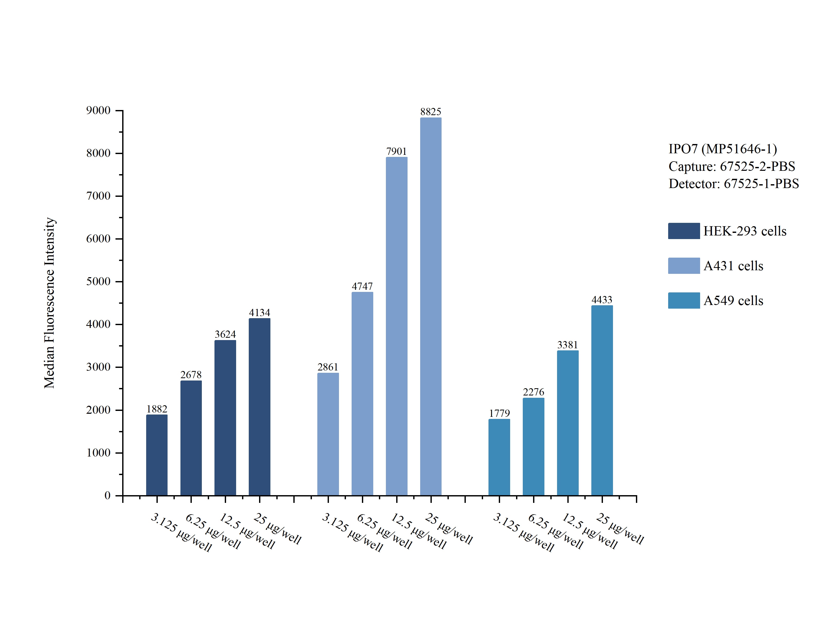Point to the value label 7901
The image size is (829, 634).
pyautogui.click(x=396, y=151)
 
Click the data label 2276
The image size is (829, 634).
pyautogui.click(x=533, y=392)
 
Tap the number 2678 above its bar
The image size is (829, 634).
pyautogui.click(x=191, y=375)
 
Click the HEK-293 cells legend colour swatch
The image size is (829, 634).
pyautogui.click(x=684, y=231)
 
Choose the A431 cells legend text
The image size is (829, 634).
pyautogui.click(x=733, y=266)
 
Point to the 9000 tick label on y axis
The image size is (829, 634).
pyautogui.click(x=98, y=111)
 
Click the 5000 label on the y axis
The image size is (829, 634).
pyautogui.click(x=98, y=282)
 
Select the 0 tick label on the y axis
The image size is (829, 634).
pyautogui.click(x=107, y=495)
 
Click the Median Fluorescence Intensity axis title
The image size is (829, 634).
pyautogui.click(x=49, y=303)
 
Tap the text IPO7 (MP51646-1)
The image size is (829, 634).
pyautogui.click(x=723, y=149)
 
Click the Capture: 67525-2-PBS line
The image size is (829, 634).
pyautogui.click(x=732, y=166)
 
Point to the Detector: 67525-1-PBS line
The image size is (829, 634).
pyautogui.click(x=733, y=184)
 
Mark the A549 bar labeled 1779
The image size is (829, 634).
pyautogui.click(x=499, y=457)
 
